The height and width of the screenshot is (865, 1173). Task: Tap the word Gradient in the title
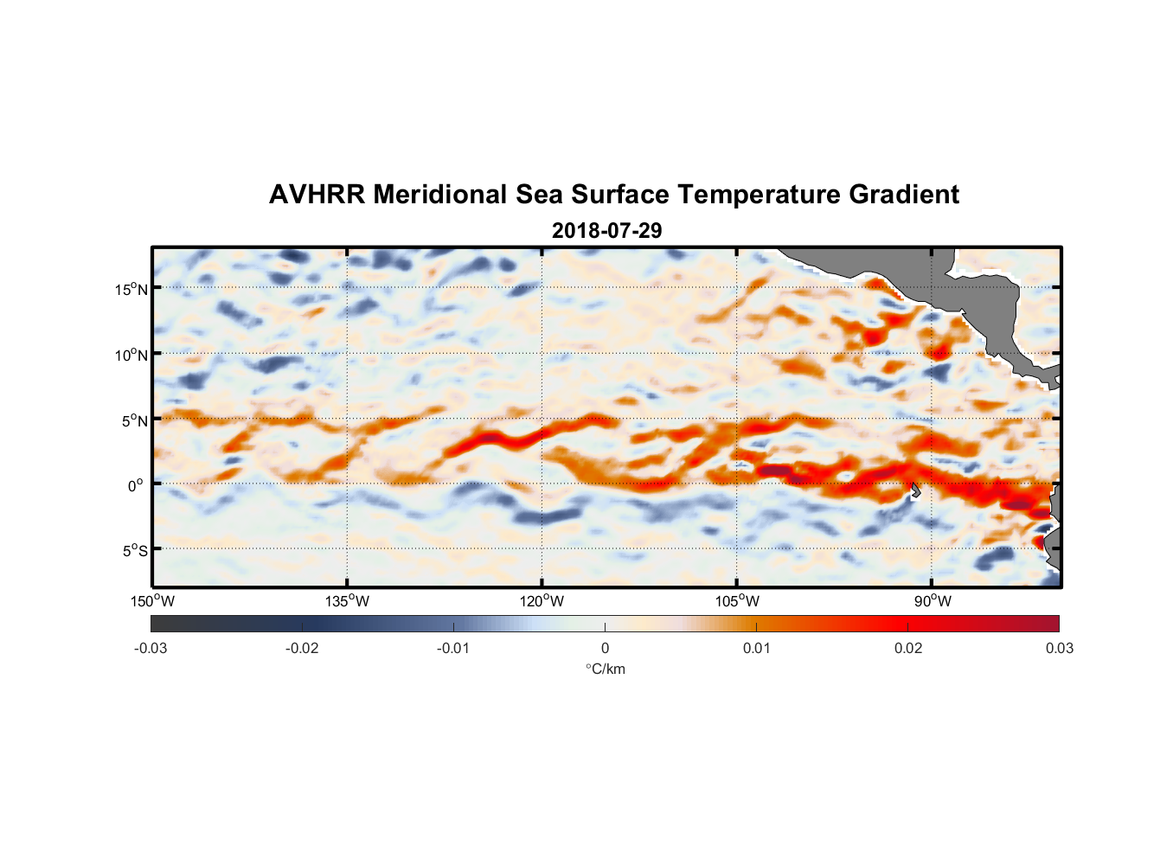point(904,195)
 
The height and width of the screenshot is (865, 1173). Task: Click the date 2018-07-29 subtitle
point(606,231)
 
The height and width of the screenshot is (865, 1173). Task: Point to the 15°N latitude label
point(131,289)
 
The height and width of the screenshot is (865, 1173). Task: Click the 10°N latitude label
point(131,355)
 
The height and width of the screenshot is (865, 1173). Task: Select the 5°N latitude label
point(135,420)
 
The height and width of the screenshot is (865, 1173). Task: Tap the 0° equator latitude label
point(136,485)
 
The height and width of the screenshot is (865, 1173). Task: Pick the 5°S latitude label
point(135,550)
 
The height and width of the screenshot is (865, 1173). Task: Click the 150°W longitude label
point(153,601)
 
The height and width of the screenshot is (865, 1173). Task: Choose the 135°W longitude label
point(348,601)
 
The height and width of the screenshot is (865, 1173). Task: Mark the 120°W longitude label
point(542,601)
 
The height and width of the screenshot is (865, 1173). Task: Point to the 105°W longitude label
point(737,601)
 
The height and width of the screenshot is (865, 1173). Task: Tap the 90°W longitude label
point(933,601)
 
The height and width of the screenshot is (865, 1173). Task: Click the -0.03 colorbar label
point(151,648)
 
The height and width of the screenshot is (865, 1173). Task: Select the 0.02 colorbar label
point(908,648)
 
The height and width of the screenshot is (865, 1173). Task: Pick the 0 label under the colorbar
point(605,648)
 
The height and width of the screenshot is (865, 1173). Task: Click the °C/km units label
point(606,669)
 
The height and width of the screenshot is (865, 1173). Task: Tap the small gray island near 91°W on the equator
point(915,490)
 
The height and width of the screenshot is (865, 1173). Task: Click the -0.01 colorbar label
point(453,648)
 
